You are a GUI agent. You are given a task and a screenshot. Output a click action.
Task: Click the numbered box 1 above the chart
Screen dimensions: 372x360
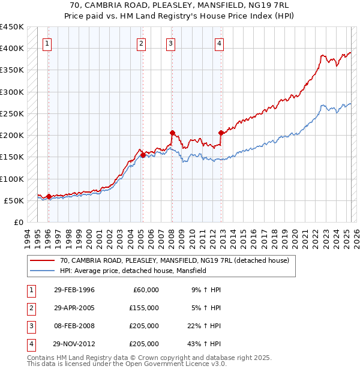(47, 43)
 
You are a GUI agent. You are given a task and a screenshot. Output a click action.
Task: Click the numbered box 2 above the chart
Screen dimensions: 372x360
(141, 43)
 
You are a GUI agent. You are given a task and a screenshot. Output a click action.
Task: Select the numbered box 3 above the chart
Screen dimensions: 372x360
(171, 43)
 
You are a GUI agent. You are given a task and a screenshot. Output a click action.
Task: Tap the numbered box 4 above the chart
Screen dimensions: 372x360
(220, 43)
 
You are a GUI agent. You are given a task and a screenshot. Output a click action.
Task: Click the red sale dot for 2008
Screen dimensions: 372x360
(172, 133)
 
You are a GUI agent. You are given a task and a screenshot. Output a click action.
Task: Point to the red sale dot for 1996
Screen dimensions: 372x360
(49, 196)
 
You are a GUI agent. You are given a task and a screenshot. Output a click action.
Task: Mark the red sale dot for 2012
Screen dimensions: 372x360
(221, 133)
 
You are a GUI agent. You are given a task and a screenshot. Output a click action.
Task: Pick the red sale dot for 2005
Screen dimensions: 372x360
(143, 155)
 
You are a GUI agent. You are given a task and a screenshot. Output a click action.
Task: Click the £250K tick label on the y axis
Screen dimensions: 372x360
(12, 113)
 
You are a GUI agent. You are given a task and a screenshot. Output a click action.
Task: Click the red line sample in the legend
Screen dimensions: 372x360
(42, 260)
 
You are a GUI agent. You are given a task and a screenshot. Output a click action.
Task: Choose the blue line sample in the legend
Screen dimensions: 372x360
(42, 271)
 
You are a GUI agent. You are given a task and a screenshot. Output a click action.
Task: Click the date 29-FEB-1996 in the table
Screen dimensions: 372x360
(74, 290)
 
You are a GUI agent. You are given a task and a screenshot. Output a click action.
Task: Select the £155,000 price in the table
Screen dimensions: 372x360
(143, 308)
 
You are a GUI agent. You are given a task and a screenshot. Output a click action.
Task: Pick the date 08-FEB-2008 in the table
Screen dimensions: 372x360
(74, 326)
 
